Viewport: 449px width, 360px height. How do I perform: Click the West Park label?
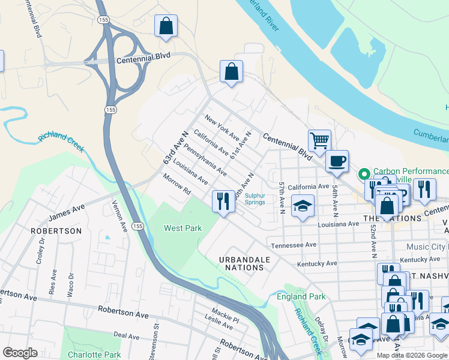[183, 228]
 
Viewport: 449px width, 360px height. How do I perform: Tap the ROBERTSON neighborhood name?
[57, 231]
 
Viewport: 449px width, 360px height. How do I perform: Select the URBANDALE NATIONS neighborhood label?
[244, 263]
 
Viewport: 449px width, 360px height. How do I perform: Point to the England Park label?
[301, 297]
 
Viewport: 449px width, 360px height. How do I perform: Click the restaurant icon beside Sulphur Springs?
[223, 200]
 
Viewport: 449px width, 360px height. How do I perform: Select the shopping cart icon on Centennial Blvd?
[319, 140]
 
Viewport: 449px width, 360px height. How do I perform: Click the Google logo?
[20, 353]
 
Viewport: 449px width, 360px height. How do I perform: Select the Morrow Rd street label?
[176, 184]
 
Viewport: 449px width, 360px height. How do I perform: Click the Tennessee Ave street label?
[294, 245]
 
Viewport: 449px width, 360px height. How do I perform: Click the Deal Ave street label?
[126, 336]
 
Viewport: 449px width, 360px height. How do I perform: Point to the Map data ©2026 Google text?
[412, 355]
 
